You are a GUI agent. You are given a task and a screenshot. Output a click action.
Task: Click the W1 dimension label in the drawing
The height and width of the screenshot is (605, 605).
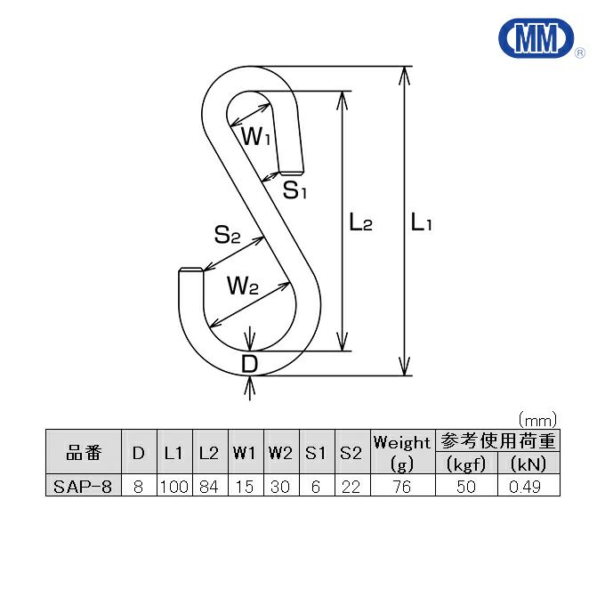point(257,137)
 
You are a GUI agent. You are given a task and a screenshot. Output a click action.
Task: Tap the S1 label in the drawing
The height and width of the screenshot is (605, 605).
point(294,190)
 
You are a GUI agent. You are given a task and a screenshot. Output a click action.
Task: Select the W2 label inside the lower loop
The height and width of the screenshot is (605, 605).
point(242,286)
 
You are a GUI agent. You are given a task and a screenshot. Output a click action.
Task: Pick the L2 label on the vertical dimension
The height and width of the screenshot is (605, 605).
point(360,223)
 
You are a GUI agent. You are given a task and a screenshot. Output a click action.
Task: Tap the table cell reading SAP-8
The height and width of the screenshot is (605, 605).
point(83,486)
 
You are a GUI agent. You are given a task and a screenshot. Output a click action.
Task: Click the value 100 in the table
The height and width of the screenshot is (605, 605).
point(173,486)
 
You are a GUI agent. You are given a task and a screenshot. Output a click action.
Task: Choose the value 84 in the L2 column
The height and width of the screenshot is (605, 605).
point(209,486)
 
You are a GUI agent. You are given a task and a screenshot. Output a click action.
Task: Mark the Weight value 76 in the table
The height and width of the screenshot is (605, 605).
point(402,486)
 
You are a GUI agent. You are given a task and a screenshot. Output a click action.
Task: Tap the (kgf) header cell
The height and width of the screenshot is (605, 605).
point(465,464)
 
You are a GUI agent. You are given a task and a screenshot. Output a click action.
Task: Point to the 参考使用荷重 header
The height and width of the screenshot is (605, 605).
point(496,441)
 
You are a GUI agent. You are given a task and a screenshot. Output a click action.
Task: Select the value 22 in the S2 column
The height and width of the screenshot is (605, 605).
point(351,486)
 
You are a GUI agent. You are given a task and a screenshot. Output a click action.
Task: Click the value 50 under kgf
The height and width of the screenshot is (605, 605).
point(465,486)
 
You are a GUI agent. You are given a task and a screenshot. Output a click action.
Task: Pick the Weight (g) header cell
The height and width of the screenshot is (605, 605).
point(402,452)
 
